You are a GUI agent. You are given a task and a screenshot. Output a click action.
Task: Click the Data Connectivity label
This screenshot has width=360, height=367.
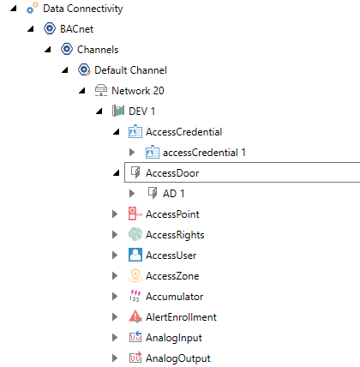[x=83, y=9]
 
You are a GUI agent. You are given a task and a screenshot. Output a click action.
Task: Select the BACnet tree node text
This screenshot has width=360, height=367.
[x=76, y=29]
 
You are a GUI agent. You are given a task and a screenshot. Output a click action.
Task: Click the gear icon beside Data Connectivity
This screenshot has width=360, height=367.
[x=33, y=8]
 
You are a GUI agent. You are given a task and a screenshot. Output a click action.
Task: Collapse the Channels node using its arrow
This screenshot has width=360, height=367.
[x=48, y=50]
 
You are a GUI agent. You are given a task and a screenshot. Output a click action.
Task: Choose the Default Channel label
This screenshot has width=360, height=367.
[x=130, y=70]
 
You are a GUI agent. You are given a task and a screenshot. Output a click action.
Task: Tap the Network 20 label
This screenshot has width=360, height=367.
[x=138, y=91]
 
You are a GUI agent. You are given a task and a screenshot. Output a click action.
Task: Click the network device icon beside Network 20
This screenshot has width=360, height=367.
[x=101, y=90]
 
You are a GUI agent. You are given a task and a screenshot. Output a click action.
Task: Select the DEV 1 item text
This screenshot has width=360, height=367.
[x=141, y=111]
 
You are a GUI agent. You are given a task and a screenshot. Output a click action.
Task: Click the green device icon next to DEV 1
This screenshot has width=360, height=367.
[x=118, y=111]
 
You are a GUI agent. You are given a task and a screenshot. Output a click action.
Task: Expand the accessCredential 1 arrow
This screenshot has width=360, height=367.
[x=132, y=153]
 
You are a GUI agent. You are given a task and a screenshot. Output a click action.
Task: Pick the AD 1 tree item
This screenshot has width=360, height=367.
[x=173, y=194]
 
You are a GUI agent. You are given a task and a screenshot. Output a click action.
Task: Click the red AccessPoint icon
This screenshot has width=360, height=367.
[x=135, y=214]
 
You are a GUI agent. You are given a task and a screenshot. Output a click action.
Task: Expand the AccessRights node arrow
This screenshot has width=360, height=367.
[x=115, y=235]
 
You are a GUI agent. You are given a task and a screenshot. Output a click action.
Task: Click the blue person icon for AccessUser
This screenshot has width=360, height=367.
[x=135, y=255]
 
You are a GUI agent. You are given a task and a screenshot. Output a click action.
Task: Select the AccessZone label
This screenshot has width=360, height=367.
[x=172, y=276]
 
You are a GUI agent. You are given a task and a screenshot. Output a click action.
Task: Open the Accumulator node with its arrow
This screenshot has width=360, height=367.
[x=115, y=297]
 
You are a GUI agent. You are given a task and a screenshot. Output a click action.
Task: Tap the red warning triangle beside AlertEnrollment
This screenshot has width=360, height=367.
[x=135, y=316]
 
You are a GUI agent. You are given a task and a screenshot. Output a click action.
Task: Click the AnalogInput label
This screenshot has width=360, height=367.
[x=174, y=338]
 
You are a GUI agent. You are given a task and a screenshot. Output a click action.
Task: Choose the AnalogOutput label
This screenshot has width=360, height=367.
[x=178, y=358]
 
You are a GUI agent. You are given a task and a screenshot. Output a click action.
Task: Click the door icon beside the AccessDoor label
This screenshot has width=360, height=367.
[x=135, y=172]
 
